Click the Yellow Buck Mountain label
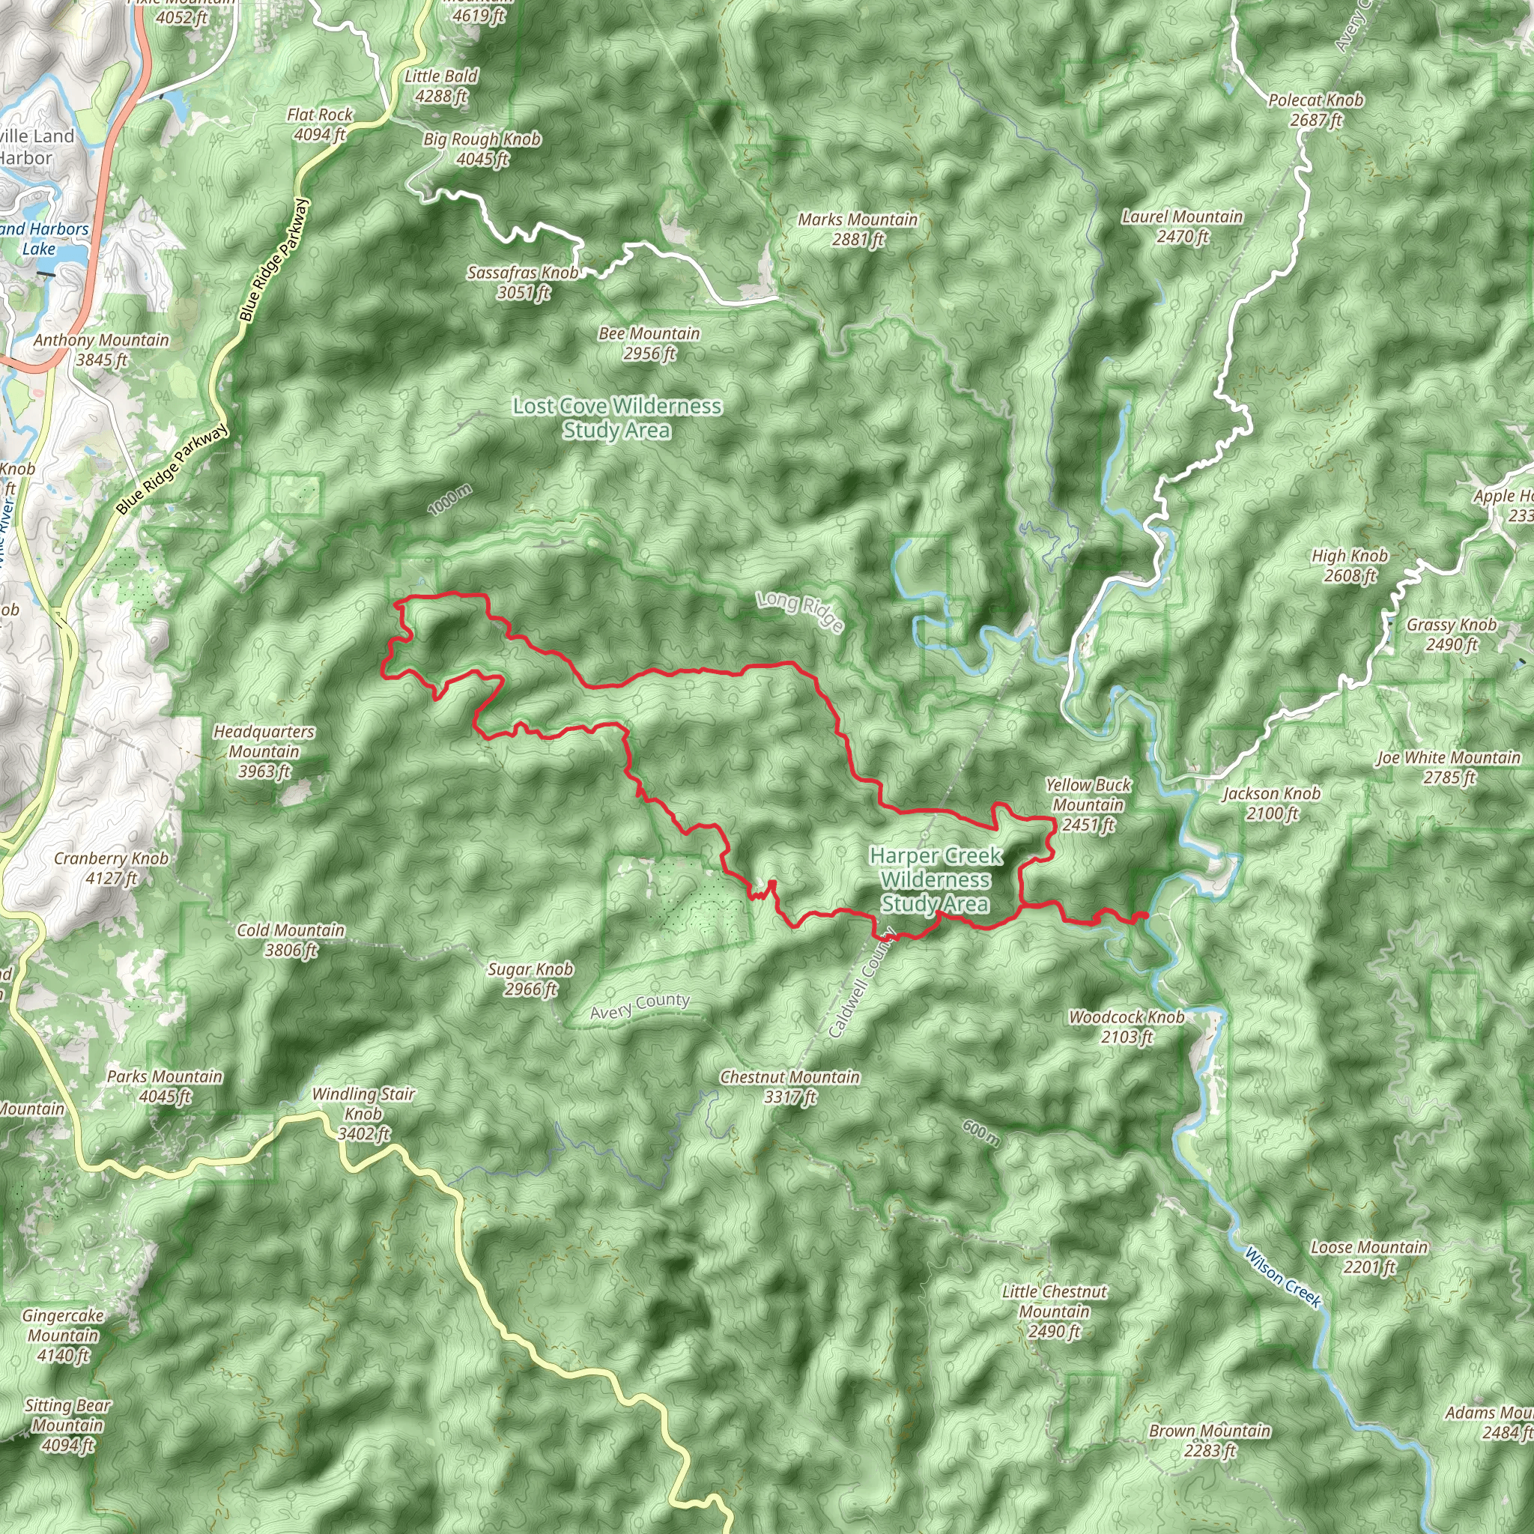1088,805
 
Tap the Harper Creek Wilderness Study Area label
936,880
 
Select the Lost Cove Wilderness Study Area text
617,419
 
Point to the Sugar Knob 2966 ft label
530,979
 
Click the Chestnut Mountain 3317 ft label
790,1087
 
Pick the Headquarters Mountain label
264,751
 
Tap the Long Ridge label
799,611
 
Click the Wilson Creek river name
1282,1278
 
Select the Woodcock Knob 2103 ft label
1127,1027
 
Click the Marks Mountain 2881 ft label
858,228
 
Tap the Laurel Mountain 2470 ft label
1182,226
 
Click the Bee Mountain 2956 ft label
649,343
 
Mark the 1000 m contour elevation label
450,500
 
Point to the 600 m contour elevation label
981,1133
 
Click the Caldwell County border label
861,982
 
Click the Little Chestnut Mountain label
1054,1311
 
